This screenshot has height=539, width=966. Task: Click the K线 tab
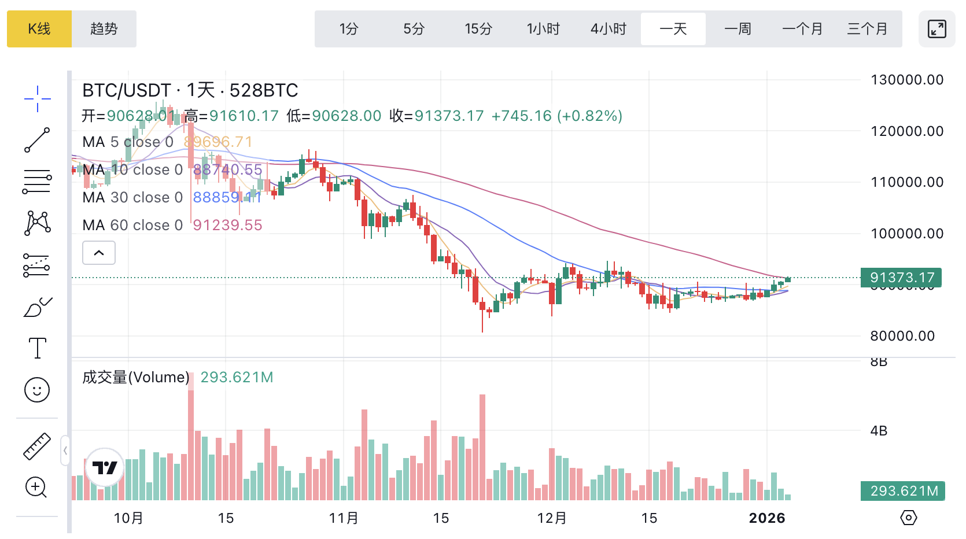click(x=39, y=29)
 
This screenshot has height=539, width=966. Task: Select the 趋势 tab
click(x=104, y=29)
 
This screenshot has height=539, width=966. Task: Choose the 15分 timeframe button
click(x=478, y=29)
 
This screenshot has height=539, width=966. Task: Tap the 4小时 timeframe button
click(x=609, y=29)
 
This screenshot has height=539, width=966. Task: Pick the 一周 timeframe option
click(x=738, y=29)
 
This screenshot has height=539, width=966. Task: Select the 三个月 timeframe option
click(x=867, y=29)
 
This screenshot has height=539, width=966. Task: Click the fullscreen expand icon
click(x=936, y=29)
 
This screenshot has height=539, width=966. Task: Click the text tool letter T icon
click(x=38, y=348)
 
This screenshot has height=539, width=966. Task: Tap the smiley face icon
click(x=37, y=390)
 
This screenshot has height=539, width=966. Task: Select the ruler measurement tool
click(x=37, y=446)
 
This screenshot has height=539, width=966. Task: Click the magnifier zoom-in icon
click(x=36, y=488)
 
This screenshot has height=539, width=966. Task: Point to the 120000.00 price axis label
click(x=907, y=131)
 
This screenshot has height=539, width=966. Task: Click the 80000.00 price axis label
click(x=902, y=336)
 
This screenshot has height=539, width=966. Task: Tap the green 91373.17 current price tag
click(x=901, y=278)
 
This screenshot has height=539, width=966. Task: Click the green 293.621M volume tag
click(x=903, y=491)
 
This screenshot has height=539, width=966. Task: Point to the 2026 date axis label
click(x=767, y=518)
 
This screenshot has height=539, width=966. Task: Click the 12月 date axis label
click(x=552, y=518)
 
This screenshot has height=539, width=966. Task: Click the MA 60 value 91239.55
click(x=227, y=225)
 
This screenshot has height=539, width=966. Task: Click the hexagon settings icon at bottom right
click(x=909, y=518)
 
